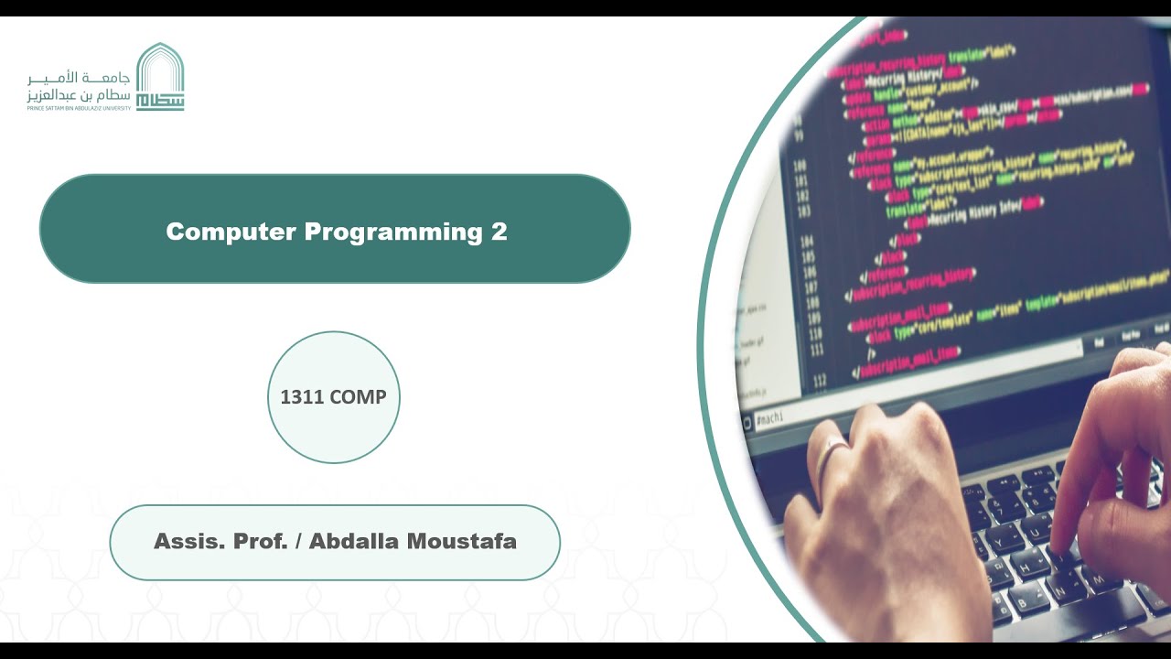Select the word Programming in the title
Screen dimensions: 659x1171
(x=392, y=232)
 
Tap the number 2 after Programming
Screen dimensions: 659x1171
(x=499, y=232)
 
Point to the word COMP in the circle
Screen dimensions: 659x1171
(x=358, y=397)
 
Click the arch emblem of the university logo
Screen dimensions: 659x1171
(x=160, y=77)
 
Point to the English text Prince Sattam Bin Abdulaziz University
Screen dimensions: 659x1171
(x=79, y=108)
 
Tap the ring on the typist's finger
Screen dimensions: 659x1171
(x=832, y=451)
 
